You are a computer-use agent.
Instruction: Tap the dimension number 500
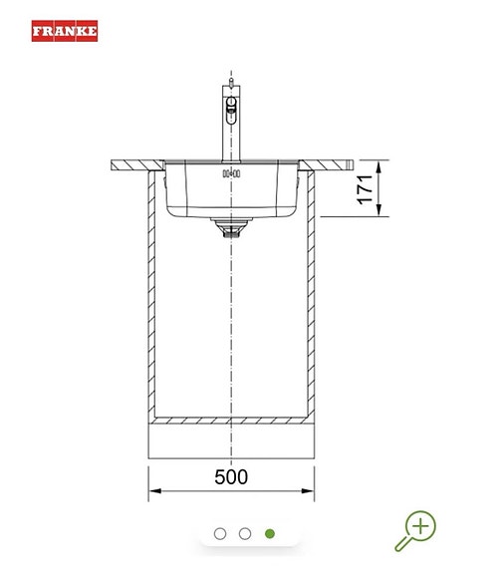pos(230,476)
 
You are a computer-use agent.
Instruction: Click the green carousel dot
pos(270,533)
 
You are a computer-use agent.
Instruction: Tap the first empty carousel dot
pos(220,533)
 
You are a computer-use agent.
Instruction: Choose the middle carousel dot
pos(245,533)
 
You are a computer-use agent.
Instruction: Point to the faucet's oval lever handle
pos(231,106)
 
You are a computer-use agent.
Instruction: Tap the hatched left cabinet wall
pos(151,299)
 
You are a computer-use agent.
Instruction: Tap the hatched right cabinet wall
pos(311,299)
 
